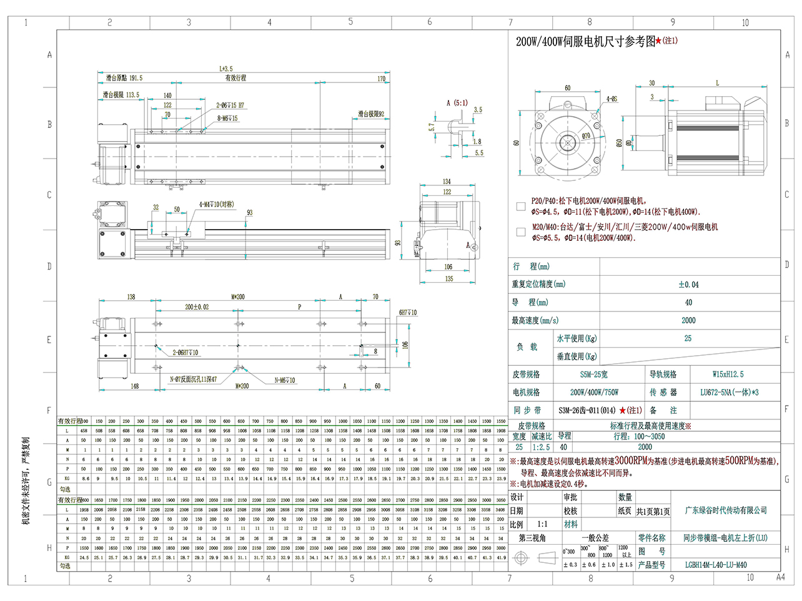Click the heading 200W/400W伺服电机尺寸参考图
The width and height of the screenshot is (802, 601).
(x=585, y=42)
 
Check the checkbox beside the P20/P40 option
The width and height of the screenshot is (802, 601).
(x=521, y=206)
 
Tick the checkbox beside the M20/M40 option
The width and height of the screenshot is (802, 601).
(x=521, y=232)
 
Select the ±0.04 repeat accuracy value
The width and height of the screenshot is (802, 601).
(x=688, y=285)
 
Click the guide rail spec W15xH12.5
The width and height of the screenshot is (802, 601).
(x=728, y=374)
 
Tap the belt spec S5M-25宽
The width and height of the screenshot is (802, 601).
(x=593, y=374)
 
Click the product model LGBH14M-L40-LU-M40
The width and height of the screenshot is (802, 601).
(x=716, y=565)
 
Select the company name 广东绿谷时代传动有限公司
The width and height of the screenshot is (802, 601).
(x=725, y=511)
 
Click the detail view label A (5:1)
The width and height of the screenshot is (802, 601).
(x=457, y=103)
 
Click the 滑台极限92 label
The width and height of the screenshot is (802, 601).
(x=371, y=114)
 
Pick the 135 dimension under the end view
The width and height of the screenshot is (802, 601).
(x=448, y=278)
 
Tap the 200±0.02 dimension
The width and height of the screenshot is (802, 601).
(x=197, y=307)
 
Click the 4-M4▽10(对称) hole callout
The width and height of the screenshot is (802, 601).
(x=216, y=204)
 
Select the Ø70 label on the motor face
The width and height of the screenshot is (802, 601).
(x=586, y=135)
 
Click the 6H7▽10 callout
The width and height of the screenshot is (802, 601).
(x=408, y=313)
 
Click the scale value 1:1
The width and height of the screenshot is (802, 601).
(x=542, y=524)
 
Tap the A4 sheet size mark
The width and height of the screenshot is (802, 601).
(x=780, y=577)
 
